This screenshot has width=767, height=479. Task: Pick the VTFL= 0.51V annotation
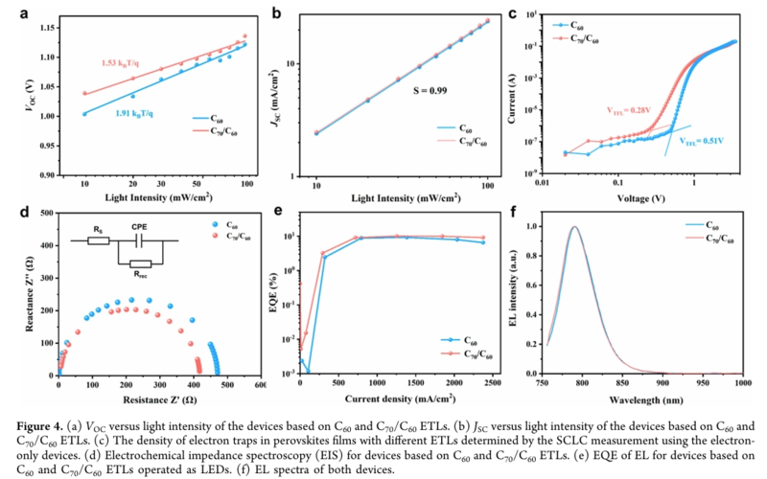point(702,141)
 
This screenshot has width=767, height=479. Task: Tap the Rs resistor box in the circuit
point(100,239)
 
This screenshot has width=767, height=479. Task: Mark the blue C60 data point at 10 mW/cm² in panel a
point(84,114)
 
